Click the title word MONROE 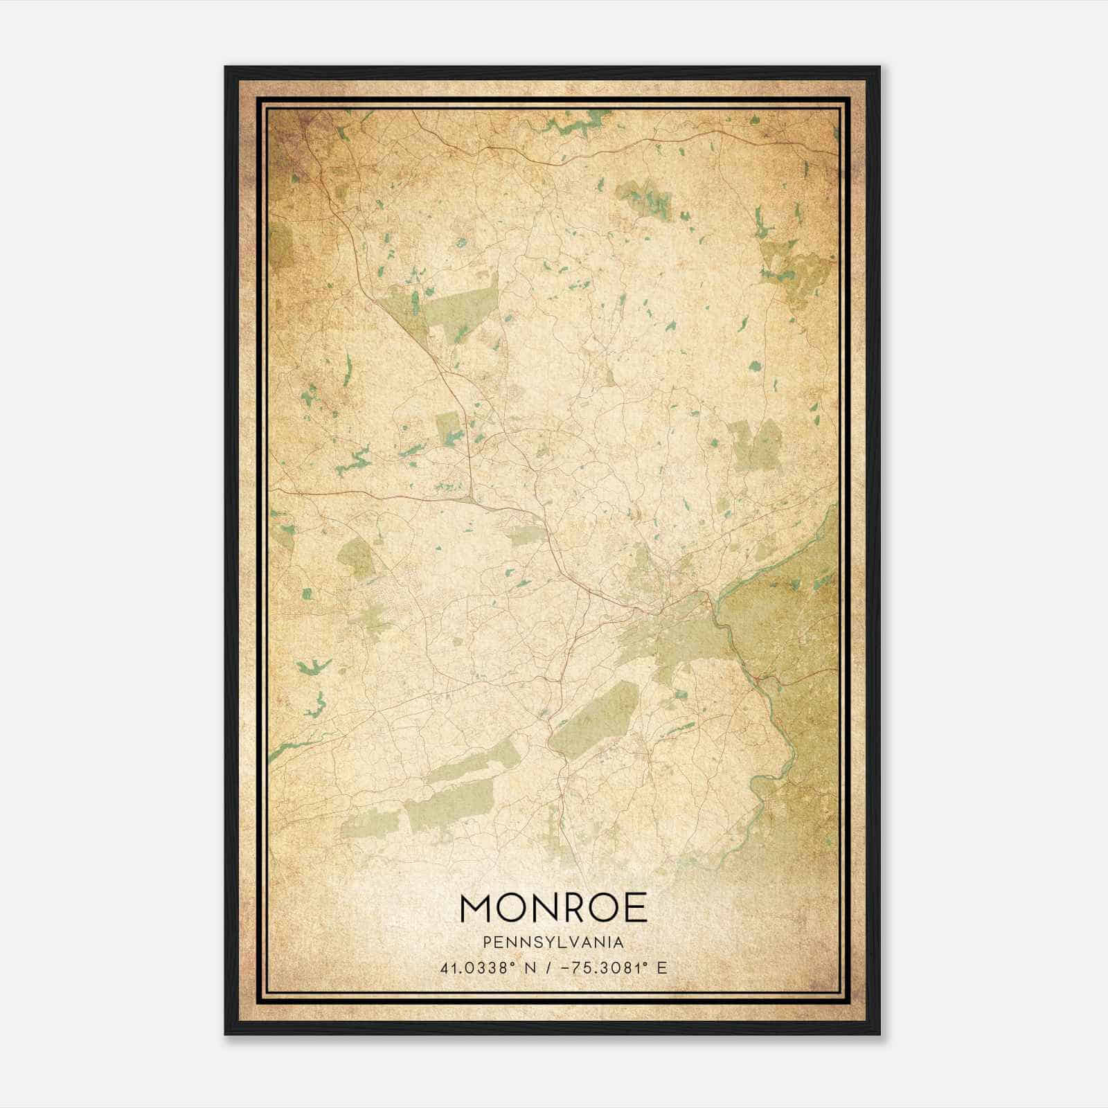[553, 908]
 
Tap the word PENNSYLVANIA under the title [553, 942]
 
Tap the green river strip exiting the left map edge [291, 748]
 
